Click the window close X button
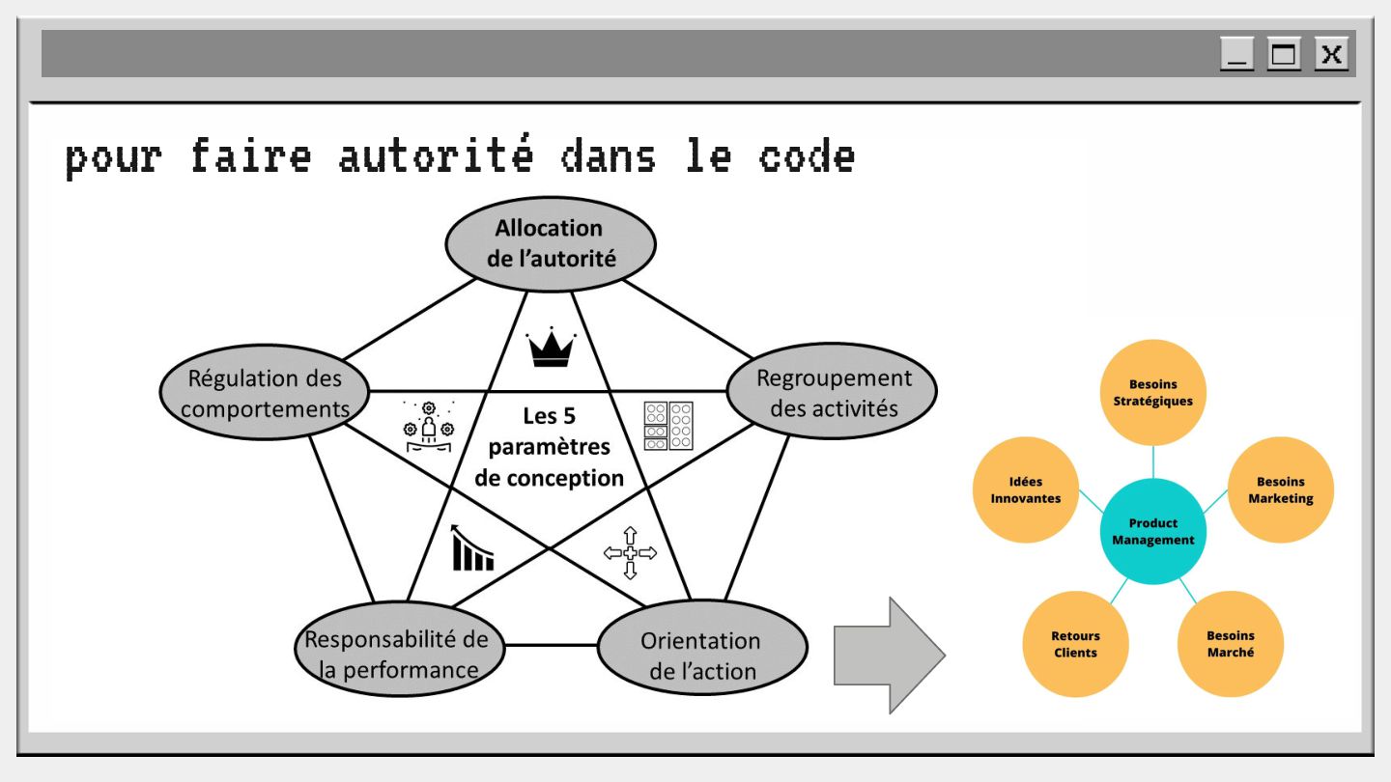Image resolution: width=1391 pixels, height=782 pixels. click(1331, 54)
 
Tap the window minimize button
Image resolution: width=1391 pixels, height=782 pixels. click(1236, 54)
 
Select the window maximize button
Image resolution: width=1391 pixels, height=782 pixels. click(1284, 54)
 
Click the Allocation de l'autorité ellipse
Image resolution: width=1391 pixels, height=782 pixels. click(550, 243)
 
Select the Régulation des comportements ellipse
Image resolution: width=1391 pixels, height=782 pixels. click(265, 393)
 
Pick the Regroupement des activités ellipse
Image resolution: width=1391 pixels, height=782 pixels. click(833, 392)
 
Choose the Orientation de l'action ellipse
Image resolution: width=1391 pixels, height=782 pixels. click(702, 654)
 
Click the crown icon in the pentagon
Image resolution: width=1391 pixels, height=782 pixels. click(551, 349)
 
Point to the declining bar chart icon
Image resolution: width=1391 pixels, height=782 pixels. click(472, 547)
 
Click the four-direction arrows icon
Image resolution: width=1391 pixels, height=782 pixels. click(630, 552)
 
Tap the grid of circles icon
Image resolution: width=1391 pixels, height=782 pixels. click(668, 425)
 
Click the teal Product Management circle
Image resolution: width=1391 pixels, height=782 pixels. click(1153, 531)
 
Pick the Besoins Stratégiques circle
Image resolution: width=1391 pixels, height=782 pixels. click(1153, 392)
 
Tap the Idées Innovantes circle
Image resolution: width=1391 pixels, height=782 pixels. click(1026, 490)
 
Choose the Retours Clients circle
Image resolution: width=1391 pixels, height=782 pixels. click(1075, 644)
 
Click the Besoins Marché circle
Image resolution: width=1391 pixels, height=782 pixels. click(1231, 644)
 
